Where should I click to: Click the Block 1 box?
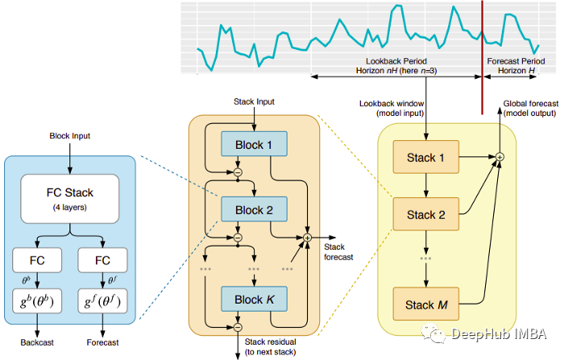254,145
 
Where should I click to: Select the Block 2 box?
254,211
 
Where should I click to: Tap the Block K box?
254,300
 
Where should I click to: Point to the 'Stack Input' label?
254,103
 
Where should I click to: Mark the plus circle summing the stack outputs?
500,155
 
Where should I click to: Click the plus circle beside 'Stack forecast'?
307,238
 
